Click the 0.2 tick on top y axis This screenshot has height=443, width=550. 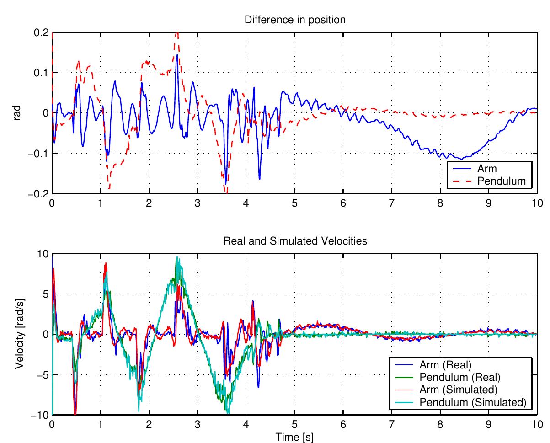(41, 32)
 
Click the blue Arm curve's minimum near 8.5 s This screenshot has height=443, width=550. (463, 159)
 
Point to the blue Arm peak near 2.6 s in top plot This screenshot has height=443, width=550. (177, 55)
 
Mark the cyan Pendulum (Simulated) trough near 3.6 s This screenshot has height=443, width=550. (227, 413)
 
